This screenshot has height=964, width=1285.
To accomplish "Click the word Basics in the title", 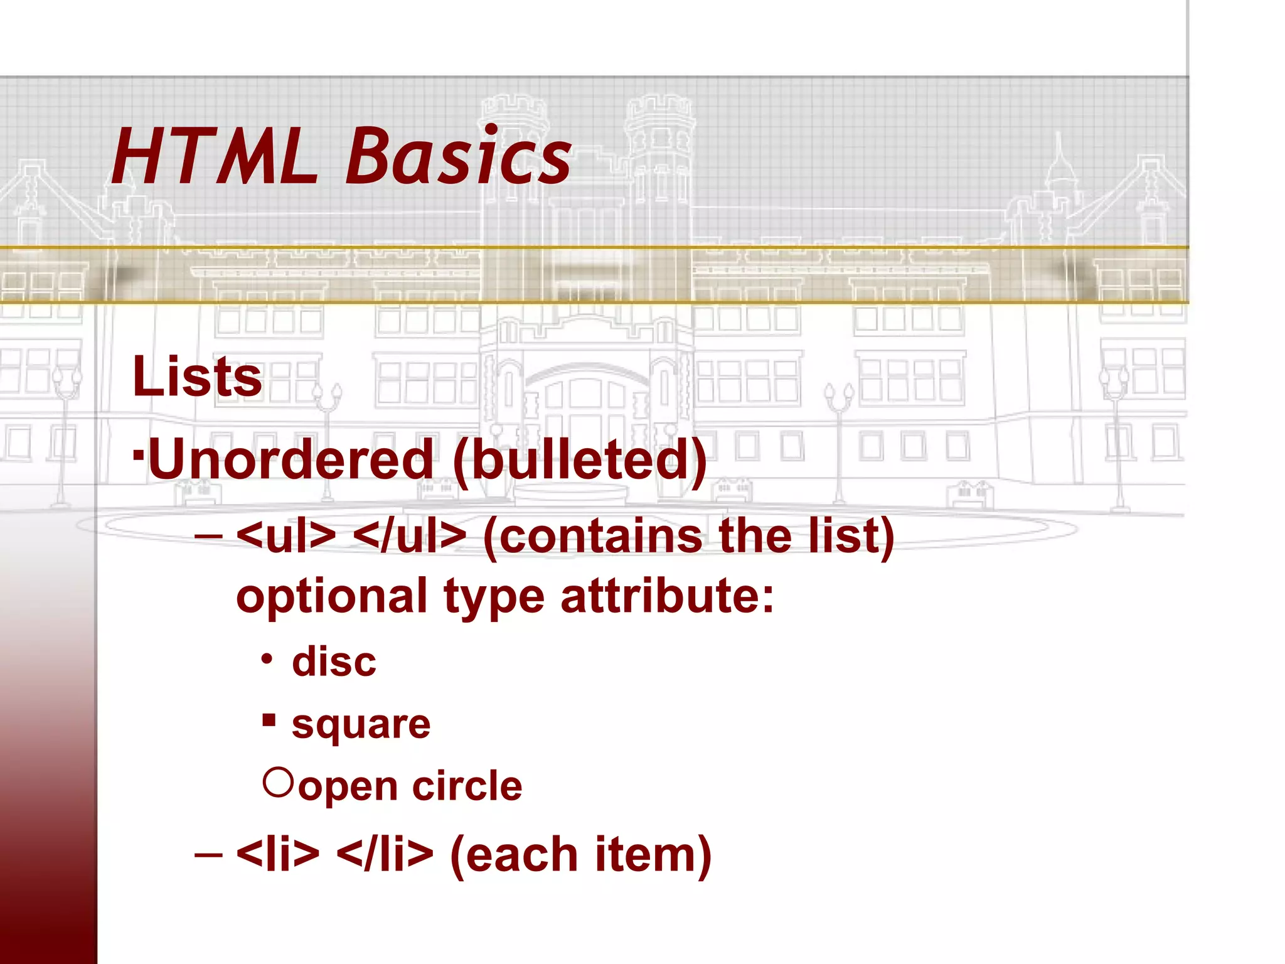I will [458, 157].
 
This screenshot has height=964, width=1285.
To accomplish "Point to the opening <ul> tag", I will [286, 536].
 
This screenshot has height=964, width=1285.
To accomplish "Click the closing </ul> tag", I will [410, 536].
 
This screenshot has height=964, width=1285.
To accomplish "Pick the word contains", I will [592, 536].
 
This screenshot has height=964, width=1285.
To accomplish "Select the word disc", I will [334, 662].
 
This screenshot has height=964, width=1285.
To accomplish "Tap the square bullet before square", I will [269, 719].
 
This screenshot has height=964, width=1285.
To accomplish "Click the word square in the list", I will [361, 725].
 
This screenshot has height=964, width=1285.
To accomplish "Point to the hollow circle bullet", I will [278, 782].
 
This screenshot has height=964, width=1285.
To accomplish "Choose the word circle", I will [467, 786].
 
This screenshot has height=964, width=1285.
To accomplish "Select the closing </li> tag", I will [385, 854].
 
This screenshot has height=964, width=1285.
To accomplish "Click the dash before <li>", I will [208, 855].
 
